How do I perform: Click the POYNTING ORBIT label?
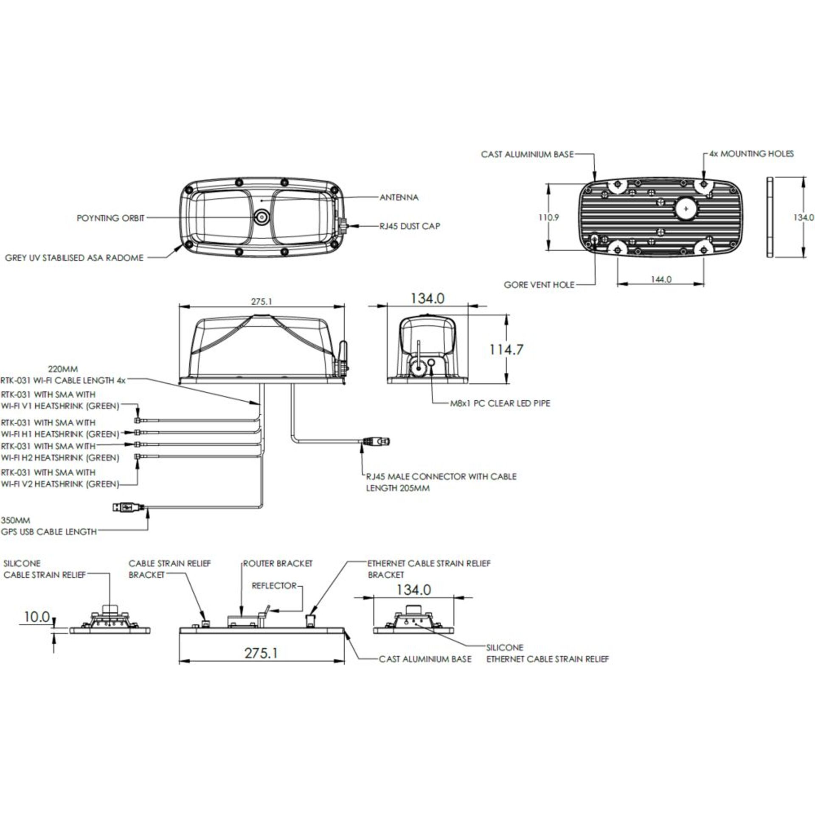point(110,218)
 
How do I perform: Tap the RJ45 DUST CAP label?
point(410,226)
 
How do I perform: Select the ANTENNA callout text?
point(399,197)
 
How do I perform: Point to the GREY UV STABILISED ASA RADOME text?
point(74,258)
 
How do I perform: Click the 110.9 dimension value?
point(549,217)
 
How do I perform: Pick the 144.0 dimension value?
point(661,279)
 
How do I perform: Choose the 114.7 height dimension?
point(506,350)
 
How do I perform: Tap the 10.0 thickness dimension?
point(37,617)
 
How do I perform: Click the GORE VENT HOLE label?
point(539,285)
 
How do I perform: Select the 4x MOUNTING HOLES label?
point(751,154)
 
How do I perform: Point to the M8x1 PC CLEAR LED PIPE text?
point(500,403)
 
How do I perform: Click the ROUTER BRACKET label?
point(278,564)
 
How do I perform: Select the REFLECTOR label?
point(274,586)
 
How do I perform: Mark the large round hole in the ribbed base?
point(687,208)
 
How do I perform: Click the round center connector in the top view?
point(261,218)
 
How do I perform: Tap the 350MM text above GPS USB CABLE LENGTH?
point(15,520)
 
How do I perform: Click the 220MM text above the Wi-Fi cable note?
point(63,369)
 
